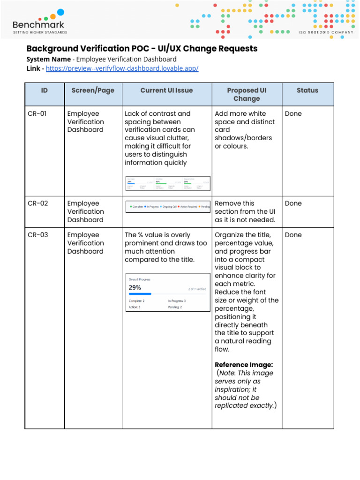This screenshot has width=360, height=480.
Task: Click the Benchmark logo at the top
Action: [x=40, y=21]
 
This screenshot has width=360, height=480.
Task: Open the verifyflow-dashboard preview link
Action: [x=122, y=68]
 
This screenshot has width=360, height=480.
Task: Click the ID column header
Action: [x=45, y=90]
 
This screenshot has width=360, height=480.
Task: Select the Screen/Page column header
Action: [x=93, y=90]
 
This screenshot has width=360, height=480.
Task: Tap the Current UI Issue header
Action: [x=166, y=90]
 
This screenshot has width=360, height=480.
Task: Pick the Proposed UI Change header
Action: [x=247, y=94]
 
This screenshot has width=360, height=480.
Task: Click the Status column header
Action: [x=307, y=90]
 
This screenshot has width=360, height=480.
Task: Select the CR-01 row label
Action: [x=37, y=113]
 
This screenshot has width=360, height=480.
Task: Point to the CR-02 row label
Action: [x=37, y=203]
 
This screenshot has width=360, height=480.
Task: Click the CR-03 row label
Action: [x=37, y=235]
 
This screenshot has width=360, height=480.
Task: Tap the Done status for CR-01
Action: [x=293, y=113]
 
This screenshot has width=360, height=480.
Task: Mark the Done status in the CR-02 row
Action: [x=293, y=203]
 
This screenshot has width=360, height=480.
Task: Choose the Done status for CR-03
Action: [x=293, y=235]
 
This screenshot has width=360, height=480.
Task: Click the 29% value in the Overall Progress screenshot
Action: [x=135, y=288]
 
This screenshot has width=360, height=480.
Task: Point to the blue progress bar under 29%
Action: [x=140, y=294]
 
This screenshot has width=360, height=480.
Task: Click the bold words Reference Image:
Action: [x=244, y=365]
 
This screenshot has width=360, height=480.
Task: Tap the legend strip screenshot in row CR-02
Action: [x=168, y=207]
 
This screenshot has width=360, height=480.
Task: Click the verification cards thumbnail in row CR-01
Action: [x=168, y=183]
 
